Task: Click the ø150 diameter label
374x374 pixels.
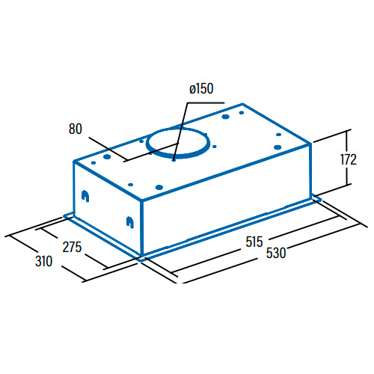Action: click(201, 89)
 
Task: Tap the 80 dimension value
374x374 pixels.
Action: click(76, 129)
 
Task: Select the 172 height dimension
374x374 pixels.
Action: click(349, 159)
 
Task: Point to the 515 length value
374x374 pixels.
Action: click(254, 242)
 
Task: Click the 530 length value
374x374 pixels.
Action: click(276, 253)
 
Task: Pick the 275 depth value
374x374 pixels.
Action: click(72, 247)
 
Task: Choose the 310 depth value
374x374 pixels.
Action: click(44, 261)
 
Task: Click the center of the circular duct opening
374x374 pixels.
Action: click(178, 143)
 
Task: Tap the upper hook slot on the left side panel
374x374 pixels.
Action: click(85, 196)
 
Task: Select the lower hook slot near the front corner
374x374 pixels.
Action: click(130, 222)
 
